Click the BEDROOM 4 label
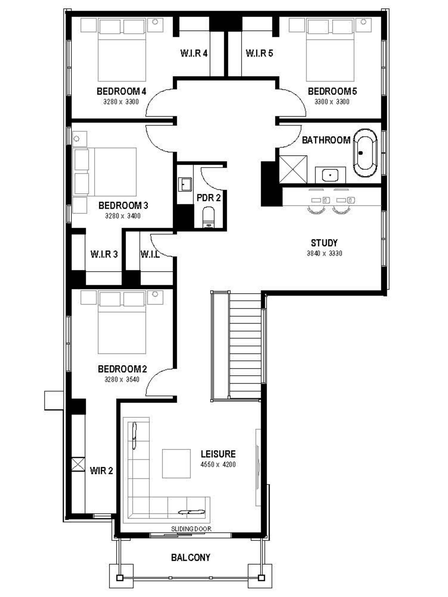click(121, 91)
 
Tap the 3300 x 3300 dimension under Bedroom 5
click(332, 102)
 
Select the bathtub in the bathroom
click(365, 153)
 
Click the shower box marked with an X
click(293, 169)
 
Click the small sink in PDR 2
click(185, 185)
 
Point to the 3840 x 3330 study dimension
click(324, 253)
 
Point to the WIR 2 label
click(101, 471)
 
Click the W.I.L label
click(150, 254)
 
